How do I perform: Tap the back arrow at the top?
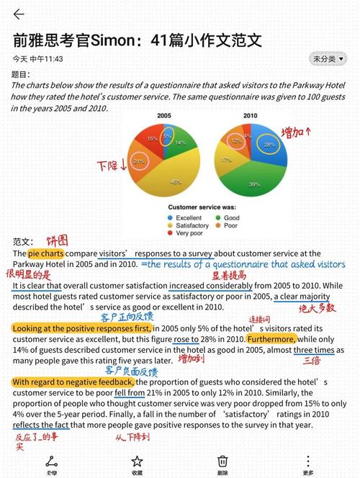(19, 14)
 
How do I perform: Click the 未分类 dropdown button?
(328, 59)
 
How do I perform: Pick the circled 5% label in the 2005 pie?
(166, 135)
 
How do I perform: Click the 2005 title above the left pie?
(164, 115)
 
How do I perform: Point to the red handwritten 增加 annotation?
(297, 132)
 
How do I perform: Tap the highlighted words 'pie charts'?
(45, 253)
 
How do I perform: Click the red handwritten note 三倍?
(311, 360)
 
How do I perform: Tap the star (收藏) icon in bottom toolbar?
(136, 461)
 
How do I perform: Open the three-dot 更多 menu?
(308, 461)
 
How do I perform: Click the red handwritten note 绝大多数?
(317, 308)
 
